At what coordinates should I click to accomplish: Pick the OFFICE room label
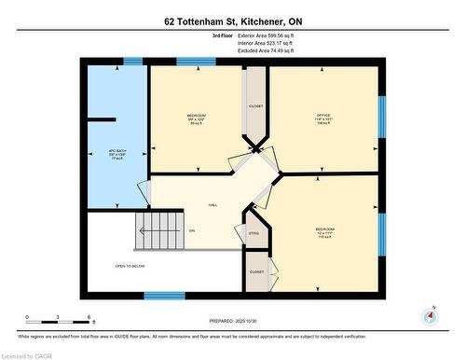[x=323, y=118]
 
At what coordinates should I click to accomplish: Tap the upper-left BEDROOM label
[x=197, y=118]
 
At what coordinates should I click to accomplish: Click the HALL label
[x=212, y=203]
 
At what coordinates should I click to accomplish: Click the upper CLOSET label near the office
[x=255, y=105]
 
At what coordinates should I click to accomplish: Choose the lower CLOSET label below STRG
[x=255, y=271]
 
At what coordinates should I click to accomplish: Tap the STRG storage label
[x=254, y=232]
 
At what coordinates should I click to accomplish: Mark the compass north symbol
[x=429, y=315]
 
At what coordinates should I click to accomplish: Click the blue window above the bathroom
[x=133, y=62]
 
